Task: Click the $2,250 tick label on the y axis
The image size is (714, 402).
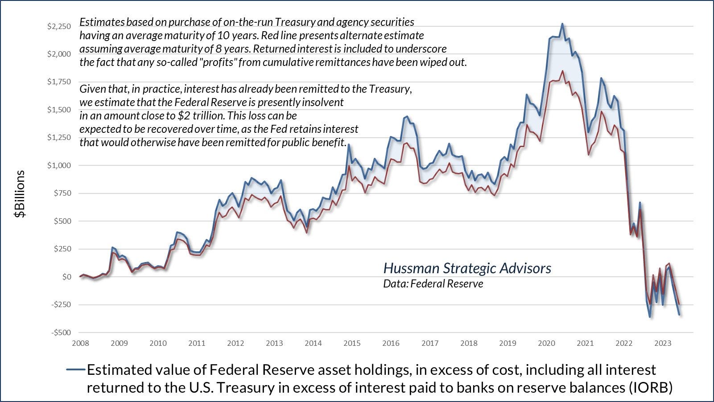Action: (x=59, y=26)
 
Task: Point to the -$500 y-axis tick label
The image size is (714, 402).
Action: (x=61, y=332)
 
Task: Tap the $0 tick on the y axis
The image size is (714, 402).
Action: (x=67, y=277)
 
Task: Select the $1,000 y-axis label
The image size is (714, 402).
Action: (x=59, y=165)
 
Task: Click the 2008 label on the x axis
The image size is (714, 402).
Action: (x=80, y=343)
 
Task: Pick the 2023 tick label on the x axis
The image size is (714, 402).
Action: (x=663, y=343)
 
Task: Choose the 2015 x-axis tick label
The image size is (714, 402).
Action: (x=352, y=343)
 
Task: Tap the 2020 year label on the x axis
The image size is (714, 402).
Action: (x=547, y=343)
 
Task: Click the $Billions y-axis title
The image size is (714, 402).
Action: (x=20, y=194)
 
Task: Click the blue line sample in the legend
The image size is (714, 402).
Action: (x=75, y=369)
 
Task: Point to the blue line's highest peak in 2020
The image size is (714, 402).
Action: (x=562, y=24)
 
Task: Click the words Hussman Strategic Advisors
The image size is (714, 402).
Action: (x=467, y=268)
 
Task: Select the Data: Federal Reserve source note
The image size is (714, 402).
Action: (x=433, y=283)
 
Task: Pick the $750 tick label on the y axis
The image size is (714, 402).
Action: (x=62, y=193)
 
